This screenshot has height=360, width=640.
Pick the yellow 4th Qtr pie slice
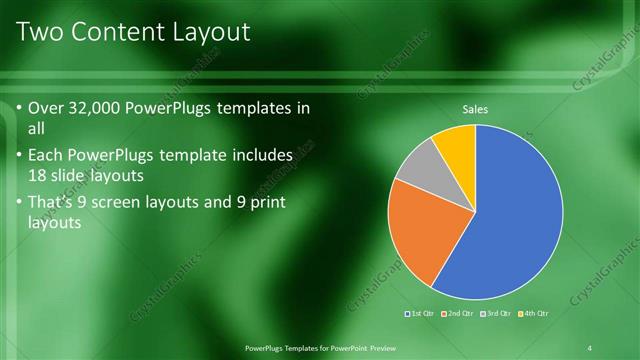coord(456,143)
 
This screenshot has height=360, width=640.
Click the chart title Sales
coord(475,109)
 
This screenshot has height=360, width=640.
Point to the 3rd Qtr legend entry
coord(496,313)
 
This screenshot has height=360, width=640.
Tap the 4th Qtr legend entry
coord(533,313)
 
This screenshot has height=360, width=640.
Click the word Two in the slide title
coord(39,32)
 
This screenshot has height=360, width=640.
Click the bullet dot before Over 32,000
coord(20,109)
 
